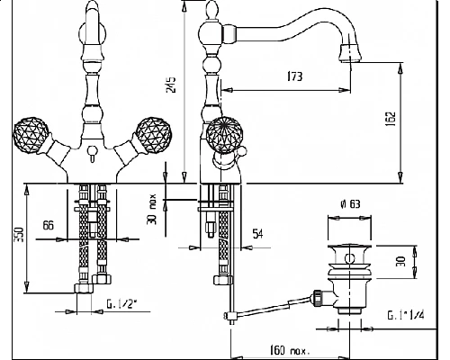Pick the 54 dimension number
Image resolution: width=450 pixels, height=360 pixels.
(x=258, y=234)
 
